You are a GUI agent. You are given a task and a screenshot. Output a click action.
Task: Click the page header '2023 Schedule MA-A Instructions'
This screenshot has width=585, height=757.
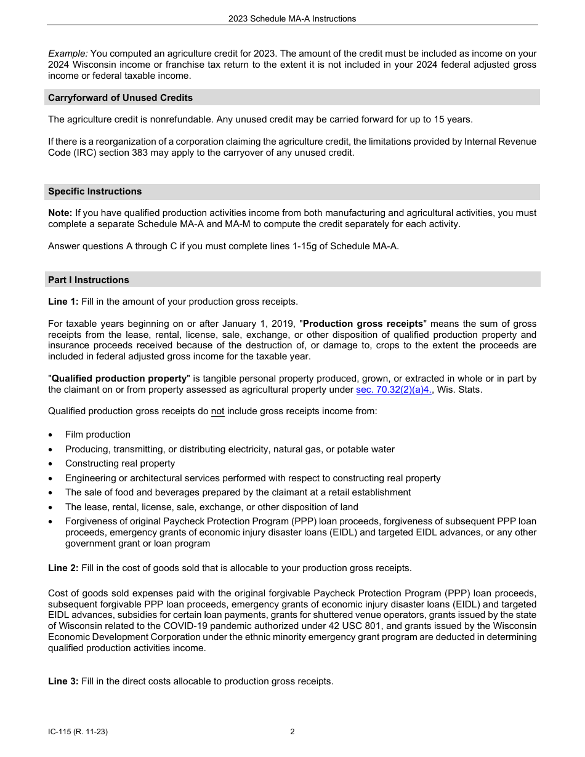pos(292,18)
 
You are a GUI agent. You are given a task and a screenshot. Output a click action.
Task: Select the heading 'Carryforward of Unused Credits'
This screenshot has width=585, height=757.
pos(120,98)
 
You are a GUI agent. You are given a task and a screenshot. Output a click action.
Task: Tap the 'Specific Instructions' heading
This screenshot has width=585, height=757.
pos(95,191)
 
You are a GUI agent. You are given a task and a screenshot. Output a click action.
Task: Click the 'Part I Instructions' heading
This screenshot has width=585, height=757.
pos(89,280)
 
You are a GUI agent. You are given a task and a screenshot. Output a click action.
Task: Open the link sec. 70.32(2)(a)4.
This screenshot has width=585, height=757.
pos(394,390)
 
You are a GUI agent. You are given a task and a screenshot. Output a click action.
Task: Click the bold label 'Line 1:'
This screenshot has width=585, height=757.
pos(63,302)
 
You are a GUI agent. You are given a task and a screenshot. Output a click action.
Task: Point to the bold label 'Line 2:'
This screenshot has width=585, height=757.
pos(63,568)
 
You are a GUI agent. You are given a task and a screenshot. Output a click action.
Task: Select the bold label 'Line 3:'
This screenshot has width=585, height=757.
pos(63,681)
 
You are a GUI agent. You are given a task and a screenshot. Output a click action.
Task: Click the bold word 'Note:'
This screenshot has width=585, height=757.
pos(60,213)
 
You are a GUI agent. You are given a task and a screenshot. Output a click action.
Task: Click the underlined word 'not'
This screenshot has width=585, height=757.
pos(217,411)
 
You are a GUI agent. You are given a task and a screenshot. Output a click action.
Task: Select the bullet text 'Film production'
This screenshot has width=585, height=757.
pos(98,435)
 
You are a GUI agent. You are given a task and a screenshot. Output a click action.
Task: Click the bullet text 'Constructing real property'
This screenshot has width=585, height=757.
pos(120,463)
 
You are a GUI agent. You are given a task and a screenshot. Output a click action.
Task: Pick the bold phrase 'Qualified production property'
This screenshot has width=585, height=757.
pos(119,378)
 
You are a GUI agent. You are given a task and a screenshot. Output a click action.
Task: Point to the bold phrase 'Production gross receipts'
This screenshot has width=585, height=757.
pos(363,324)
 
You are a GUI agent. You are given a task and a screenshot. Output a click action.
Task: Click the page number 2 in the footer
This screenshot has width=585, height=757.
pos(292,732)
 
